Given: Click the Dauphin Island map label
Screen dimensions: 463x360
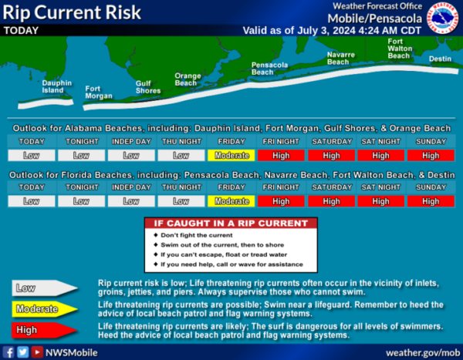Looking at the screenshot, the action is (56, 87).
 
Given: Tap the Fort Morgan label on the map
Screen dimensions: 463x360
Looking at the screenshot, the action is (99, 93).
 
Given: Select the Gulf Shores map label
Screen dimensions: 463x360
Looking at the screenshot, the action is (148, 87).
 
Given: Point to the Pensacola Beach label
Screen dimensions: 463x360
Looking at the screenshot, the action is (269, 69).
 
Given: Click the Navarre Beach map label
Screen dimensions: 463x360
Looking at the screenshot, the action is (341, 58).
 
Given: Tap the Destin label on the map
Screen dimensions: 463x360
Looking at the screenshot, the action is (440, 59).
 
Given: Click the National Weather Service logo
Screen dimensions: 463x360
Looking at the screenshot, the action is (443, 18).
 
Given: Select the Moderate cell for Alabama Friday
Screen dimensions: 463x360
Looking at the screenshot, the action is (231, 156).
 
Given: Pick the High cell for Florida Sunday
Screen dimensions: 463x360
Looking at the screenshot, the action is (431, 201).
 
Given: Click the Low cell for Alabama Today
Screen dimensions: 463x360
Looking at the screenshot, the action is (32, 156).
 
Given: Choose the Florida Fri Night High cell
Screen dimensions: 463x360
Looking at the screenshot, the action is (281, 201).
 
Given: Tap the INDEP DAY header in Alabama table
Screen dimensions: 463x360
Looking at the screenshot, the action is (131, 142).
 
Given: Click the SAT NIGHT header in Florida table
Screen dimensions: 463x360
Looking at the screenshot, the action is (381, 187).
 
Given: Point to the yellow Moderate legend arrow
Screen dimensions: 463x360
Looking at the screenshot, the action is (44, 309).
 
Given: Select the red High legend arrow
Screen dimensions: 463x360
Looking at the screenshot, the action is (44, 330).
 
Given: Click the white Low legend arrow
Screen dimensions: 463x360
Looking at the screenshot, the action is (44, 288).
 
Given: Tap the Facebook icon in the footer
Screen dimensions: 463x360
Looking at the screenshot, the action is (8, 352).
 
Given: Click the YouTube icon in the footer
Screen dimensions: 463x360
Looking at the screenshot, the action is (37, 352).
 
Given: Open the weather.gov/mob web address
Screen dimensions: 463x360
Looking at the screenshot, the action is (423, 353).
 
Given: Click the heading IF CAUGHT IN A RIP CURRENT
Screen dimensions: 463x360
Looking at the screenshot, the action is (231, 224).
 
